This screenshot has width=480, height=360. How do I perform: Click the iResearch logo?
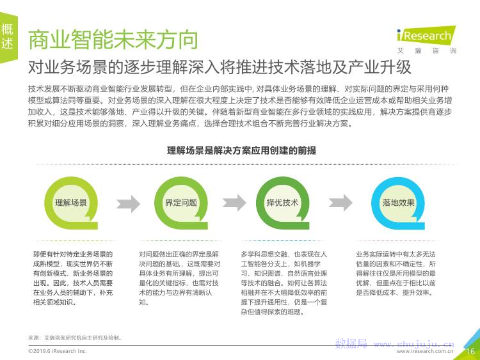[426, 35]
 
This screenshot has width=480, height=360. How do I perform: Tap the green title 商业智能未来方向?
[113, 40]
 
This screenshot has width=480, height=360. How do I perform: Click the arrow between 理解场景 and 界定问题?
[128, 203]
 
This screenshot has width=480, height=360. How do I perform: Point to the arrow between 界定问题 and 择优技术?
[234, 203]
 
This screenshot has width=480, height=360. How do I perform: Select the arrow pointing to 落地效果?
[340, 203]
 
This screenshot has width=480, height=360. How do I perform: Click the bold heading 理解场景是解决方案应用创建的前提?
[241, 150]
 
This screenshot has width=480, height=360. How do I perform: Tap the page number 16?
[470, 352]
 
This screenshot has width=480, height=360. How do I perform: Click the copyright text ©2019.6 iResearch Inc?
[58, 351]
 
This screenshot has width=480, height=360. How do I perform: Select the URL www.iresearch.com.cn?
[425, 352]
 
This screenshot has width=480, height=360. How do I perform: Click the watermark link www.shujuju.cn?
[414, 345]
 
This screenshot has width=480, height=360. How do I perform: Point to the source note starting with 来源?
[76, 338]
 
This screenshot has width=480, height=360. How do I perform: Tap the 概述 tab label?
[7, 36]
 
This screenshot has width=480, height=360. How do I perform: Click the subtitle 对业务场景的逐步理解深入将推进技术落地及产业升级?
[220, 67]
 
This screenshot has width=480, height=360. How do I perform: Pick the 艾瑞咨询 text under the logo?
[427, 51]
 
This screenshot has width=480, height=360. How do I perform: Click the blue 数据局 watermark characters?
[351, 344]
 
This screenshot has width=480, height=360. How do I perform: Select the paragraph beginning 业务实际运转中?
[396, 274]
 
